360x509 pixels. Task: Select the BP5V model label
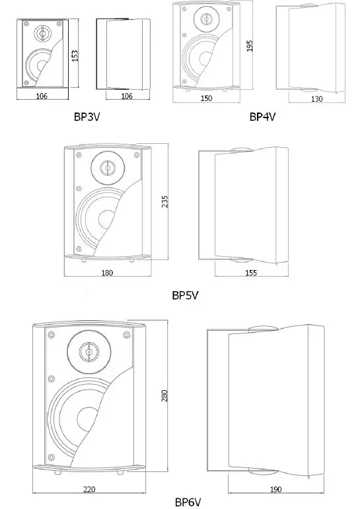click(186, 296)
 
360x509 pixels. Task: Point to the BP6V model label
click(188, 502)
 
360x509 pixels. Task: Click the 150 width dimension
click(206, 98)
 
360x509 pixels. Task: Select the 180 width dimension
click(107, 272)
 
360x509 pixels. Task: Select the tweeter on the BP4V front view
click(206, 17)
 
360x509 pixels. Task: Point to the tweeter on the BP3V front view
click(42, 32)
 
